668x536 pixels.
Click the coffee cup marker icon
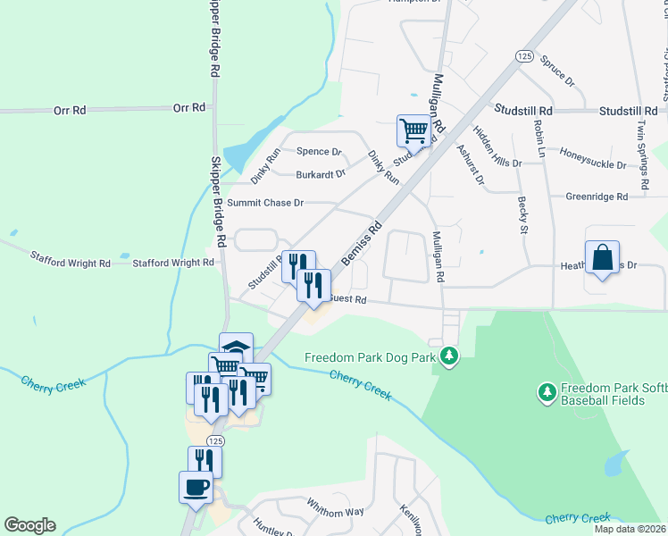pyautogui.click(x=196, y=488)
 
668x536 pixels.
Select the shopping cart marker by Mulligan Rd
pyautogui.click(x=414, y=130)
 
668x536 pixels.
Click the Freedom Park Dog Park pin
pyautogui.click(x=449, y=357)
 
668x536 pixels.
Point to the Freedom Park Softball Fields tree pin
pyautogui.click(x=547, y=391)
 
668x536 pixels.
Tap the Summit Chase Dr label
pyautogui.click(x=265, y=203)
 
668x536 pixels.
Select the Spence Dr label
pyautogui.click(x=319, y=152)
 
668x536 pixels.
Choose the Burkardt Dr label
pyautogui.click(x=321, y=174)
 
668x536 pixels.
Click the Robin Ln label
pyautogui.click(x=539, y=139)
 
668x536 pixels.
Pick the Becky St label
pyautogui.click(x=522, y=215)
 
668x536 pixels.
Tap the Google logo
pyautogui.click(x=29, y=525)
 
